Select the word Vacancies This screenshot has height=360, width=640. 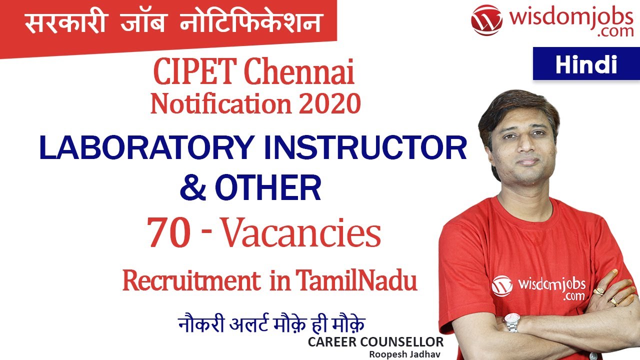[x=301, y=234]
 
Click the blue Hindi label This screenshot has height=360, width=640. [x=586, y=64]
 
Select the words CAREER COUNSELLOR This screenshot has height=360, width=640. [x=375, y=342]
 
